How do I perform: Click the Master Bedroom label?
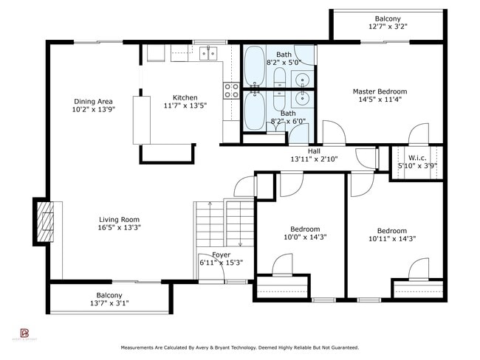379,91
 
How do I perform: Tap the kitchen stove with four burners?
231,90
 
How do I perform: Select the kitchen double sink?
208,52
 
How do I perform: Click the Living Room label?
120,219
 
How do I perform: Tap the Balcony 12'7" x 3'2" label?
388,18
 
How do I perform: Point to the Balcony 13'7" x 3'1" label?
109,295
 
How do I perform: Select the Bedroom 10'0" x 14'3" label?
305,229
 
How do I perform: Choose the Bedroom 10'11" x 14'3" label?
391,230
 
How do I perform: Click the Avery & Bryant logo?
25,333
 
